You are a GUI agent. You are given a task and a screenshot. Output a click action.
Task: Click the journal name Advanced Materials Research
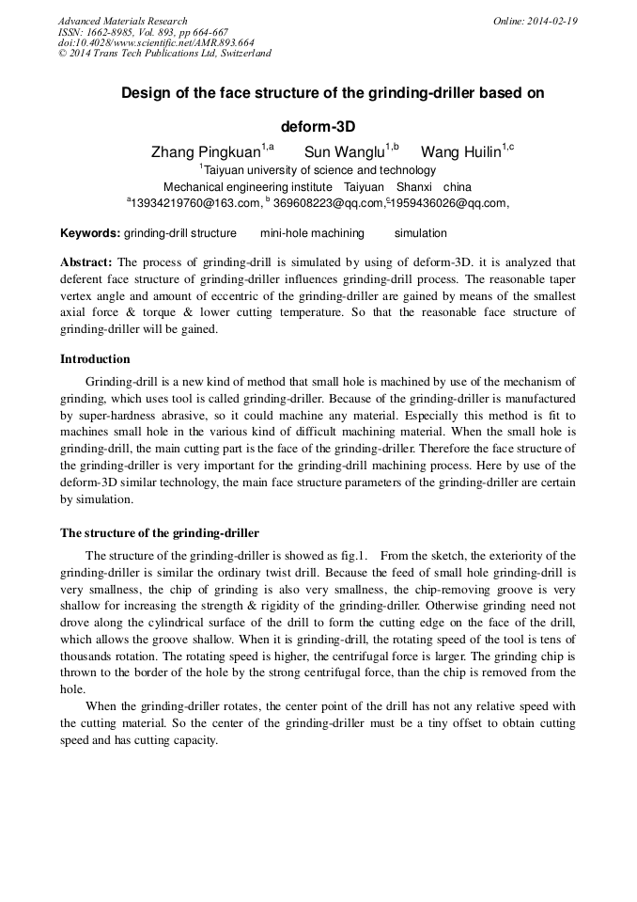[122, 21]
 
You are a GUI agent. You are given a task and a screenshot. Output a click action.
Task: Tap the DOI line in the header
[156, 42]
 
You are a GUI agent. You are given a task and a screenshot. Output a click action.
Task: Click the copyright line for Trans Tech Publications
[164, 54]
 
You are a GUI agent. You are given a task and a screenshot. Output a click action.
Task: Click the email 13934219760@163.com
[195, 202]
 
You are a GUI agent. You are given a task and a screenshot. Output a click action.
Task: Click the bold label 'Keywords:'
[90, 233]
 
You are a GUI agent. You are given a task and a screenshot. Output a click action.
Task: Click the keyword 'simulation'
[420, 233]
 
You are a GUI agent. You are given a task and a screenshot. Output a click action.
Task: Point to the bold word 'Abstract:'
[86, 262]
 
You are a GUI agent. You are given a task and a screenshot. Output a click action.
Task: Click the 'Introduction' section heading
[95, 359]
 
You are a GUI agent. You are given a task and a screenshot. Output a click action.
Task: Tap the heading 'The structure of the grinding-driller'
[160, 533]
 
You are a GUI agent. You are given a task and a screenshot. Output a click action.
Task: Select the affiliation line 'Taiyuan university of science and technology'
[319, 170]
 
